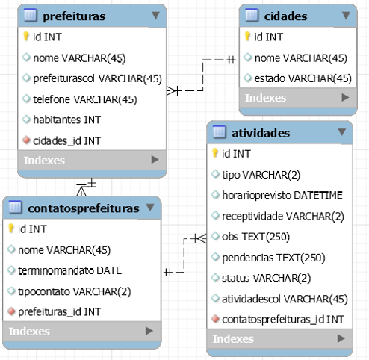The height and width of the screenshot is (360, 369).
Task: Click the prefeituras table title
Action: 73,15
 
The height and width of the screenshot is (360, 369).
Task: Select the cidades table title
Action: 286,16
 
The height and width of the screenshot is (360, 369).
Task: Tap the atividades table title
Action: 261,133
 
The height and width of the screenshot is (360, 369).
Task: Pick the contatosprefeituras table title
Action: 83,208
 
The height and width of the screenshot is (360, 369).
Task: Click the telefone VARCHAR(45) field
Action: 84,99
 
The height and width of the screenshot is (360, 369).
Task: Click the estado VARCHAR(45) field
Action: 303,78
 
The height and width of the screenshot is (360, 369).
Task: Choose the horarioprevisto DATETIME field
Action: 282,195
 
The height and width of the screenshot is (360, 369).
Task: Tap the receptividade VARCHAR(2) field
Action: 281,216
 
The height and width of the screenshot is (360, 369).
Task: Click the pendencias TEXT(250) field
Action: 273,258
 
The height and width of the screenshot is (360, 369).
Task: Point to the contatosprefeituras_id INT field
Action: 282,320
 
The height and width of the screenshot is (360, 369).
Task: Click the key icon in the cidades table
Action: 248,36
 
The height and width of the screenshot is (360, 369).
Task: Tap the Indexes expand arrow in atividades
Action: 341,338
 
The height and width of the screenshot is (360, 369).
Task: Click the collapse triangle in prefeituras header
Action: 155,15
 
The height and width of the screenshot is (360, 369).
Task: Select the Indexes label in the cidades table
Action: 265,97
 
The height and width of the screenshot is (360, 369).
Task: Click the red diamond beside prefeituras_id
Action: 12,311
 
